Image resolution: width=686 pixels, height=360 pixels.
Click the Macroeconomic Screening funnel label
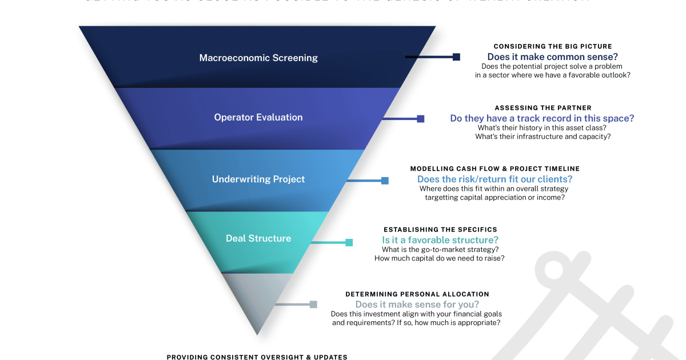pyautogui.click(x=258, y=58)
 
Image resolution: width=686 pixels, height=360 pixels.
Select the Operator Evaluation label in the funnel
pyautogui.click(x=258, y=117)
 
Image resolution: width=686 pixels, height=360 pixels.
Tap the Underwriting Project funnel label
pyautogui.click(x=258, y=179)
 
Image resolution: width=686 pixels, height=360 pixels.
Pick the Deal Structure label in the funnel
pyautogui.click(x=258, y=238)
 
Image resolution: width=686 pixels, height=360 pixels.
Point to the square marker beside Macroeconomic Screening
pyautogui.click(x=456, y=57)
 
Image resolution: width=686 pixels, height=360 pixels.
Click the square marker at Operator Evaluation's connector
pyautogui.click(x=421, y=119)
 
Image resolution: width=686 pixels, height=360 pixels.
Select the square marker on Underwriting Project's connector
pyautogui.click(x=385, y=181)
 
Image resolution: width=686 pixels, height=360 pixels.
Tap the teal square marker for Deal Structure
pyautogui.click(x=349, y=242)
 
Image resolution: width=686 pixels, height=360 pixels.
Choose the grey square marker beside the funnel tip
pyautogui.click(x=313, y=305)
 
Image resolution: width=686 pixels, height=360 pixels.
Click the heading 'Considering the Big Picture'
pyautogui.click(x=553, y=46)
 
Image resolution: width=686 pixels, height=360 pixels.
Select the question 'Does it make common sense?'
pyautogui.click(x=553, y=57)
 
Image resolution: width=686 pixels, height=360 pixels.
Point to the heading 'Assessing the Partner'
pyautogui.click(x=543, y=107)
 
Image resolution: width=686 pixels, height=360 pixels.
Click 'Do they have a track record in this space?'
pyautogui.click(x=542, y=118)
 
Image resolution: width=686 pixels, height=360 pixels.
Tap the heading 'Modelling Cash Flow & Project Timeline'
pyautogui.click(x=495, y=169)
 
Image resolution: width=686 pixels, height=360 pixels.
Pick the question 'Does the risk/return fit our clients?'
pyautogui.click(x=494, y=179)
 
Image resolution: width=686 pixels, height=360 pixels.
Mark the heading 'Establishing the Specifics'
pyautogui.click(x=440, y=230)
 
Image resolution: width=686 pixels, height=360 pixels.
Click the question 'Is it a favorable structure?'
pyautogui.click(x=440, y=240)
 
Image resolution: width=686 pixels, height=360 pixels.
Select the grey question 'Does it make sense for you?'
pyautogui.click(x=417, y=305)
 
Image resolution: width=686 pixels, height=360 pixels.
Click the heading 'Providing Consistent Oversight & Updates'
pyautogui.click(x=257, y=357)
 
